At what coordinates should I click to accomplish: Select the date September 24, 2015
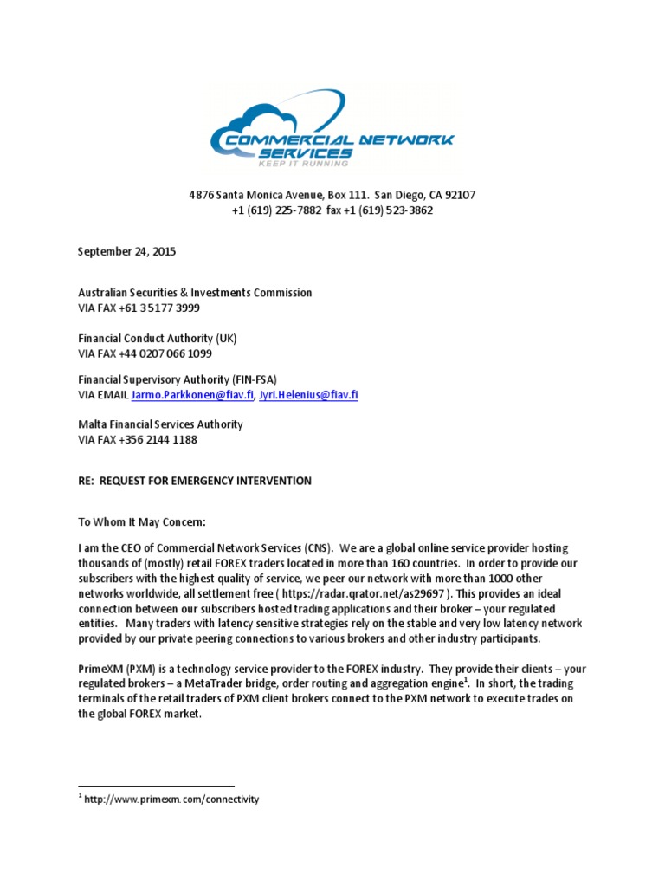[126, 252]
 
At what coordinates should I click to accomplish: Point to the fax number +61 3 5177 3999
[165, 308]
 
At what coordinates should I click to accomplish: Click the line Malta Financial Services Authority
[160, 424]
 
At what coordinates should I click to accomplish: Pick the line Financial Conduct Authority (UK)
[157, 339]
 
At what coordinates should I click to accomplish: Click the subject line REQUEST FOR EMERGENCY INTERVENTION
[206, 481]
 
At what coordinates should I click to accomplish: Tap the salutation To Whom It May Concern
[143, 522]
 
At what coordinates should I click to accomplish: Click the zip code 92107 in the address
[458, 195]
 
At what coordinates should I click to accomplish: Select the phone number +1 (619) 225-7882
[277, 210]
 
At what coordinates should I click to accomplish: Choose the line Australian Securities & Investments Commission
[195, 293]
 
